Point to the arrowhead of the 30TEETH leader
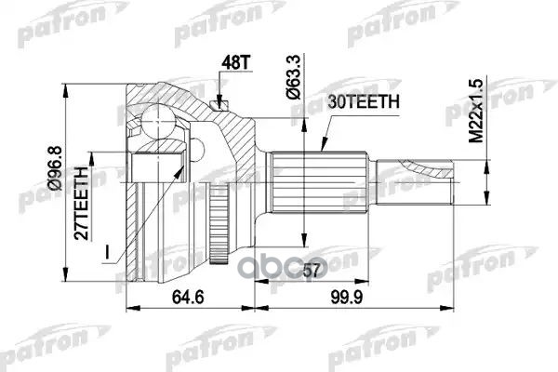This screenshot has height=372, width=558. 320,148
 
